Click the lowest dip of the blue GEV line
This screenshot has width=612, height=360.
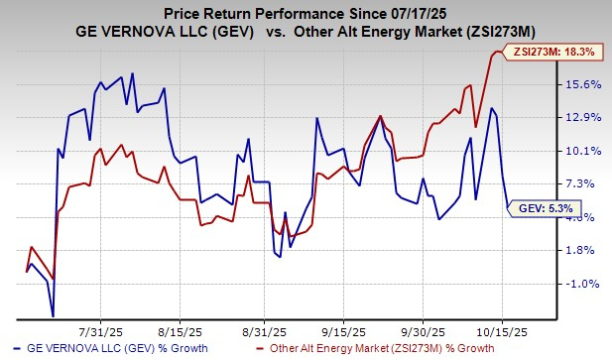(53, 316)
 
